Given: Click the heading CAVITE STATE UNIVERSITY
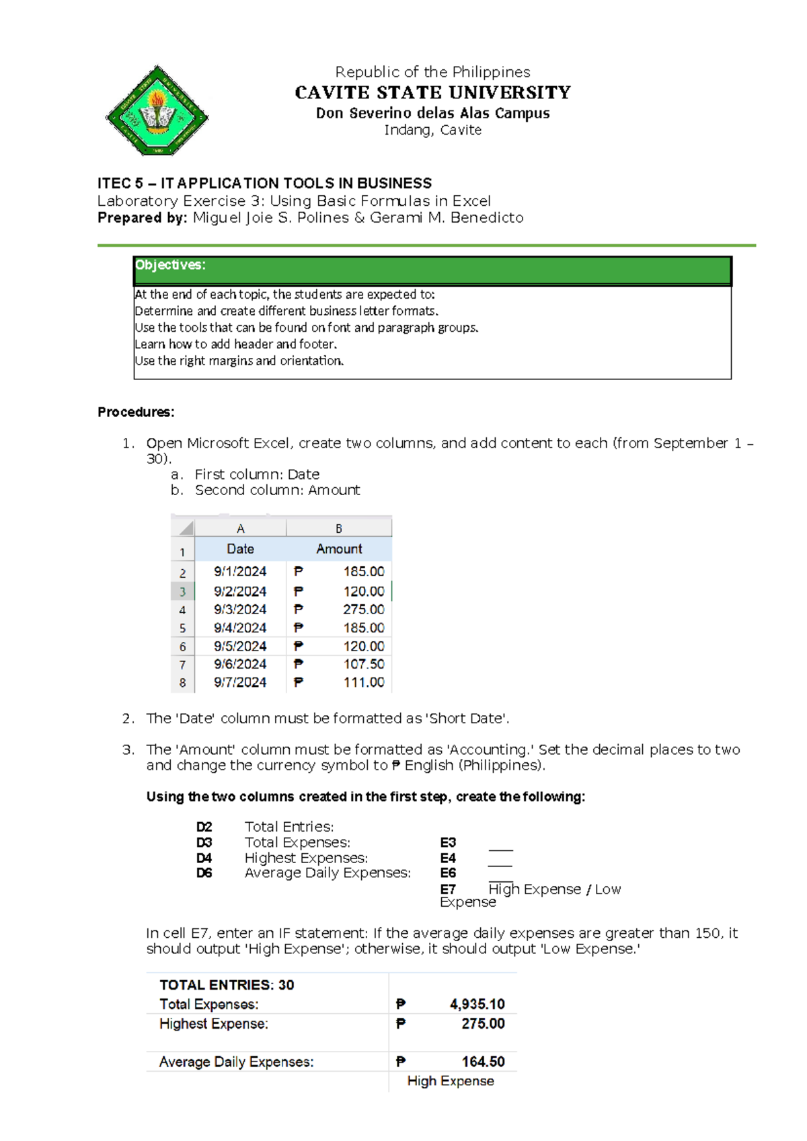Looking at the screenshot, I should pos(432,92).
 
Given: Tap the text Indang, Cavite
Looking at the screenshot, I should pos(432,130).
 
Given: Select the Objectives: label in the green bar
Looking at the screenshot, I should pos(170,265).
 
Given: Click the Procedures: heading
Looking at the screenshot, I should pos(136,412).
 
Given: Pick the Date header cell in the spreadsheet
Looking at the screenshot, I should pos(240,549).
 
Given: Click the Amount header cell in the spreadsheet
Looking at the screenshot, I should pos(339,549).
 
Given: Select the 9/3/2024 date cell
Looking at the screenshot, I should pos(240,610).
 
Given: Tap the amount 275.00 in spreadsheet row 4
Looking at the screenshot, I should pos(363,610).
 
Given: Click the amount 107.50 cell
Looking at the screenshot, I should pos(363,664).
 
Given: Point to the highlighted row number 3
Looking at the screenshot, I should pos(182,592).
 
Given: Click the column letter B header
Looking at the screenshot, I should pos(339,529).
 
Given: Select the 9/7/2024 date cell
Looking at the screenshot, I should pos(240,682).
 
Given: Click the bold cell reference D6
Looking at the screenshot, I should pos(204,873).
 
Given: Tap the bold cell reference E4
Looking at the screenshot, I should pos(448,858).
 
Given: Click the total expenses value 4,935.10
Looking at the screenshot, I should pos(477,1004).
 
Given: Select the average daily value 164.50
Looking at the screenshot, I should pos(483,1062).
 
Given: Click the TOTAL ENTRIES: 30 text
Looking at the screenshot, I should pos(227,985).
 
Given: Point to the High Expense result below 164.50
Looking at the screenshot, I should pos(451,1081).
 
